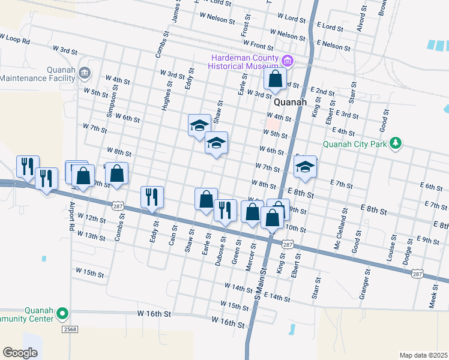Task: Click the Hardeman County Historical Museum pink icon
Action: tap(288, 60)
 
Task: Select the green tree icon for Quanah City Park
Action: tap(395, 143)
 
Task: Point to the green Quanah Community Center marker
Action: tap(61, 313)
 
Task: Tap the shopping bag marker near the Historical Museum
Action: tap(275, 79)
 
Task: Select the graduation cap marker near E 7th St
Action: tap(305, 167)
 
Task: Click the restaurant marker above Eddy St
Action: tap(152, 197)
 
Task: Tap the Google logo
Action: tap(20, 353)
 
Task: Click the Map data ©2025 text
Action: tap(423, 355)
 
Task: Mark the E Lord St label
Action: tap(330, 27)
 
